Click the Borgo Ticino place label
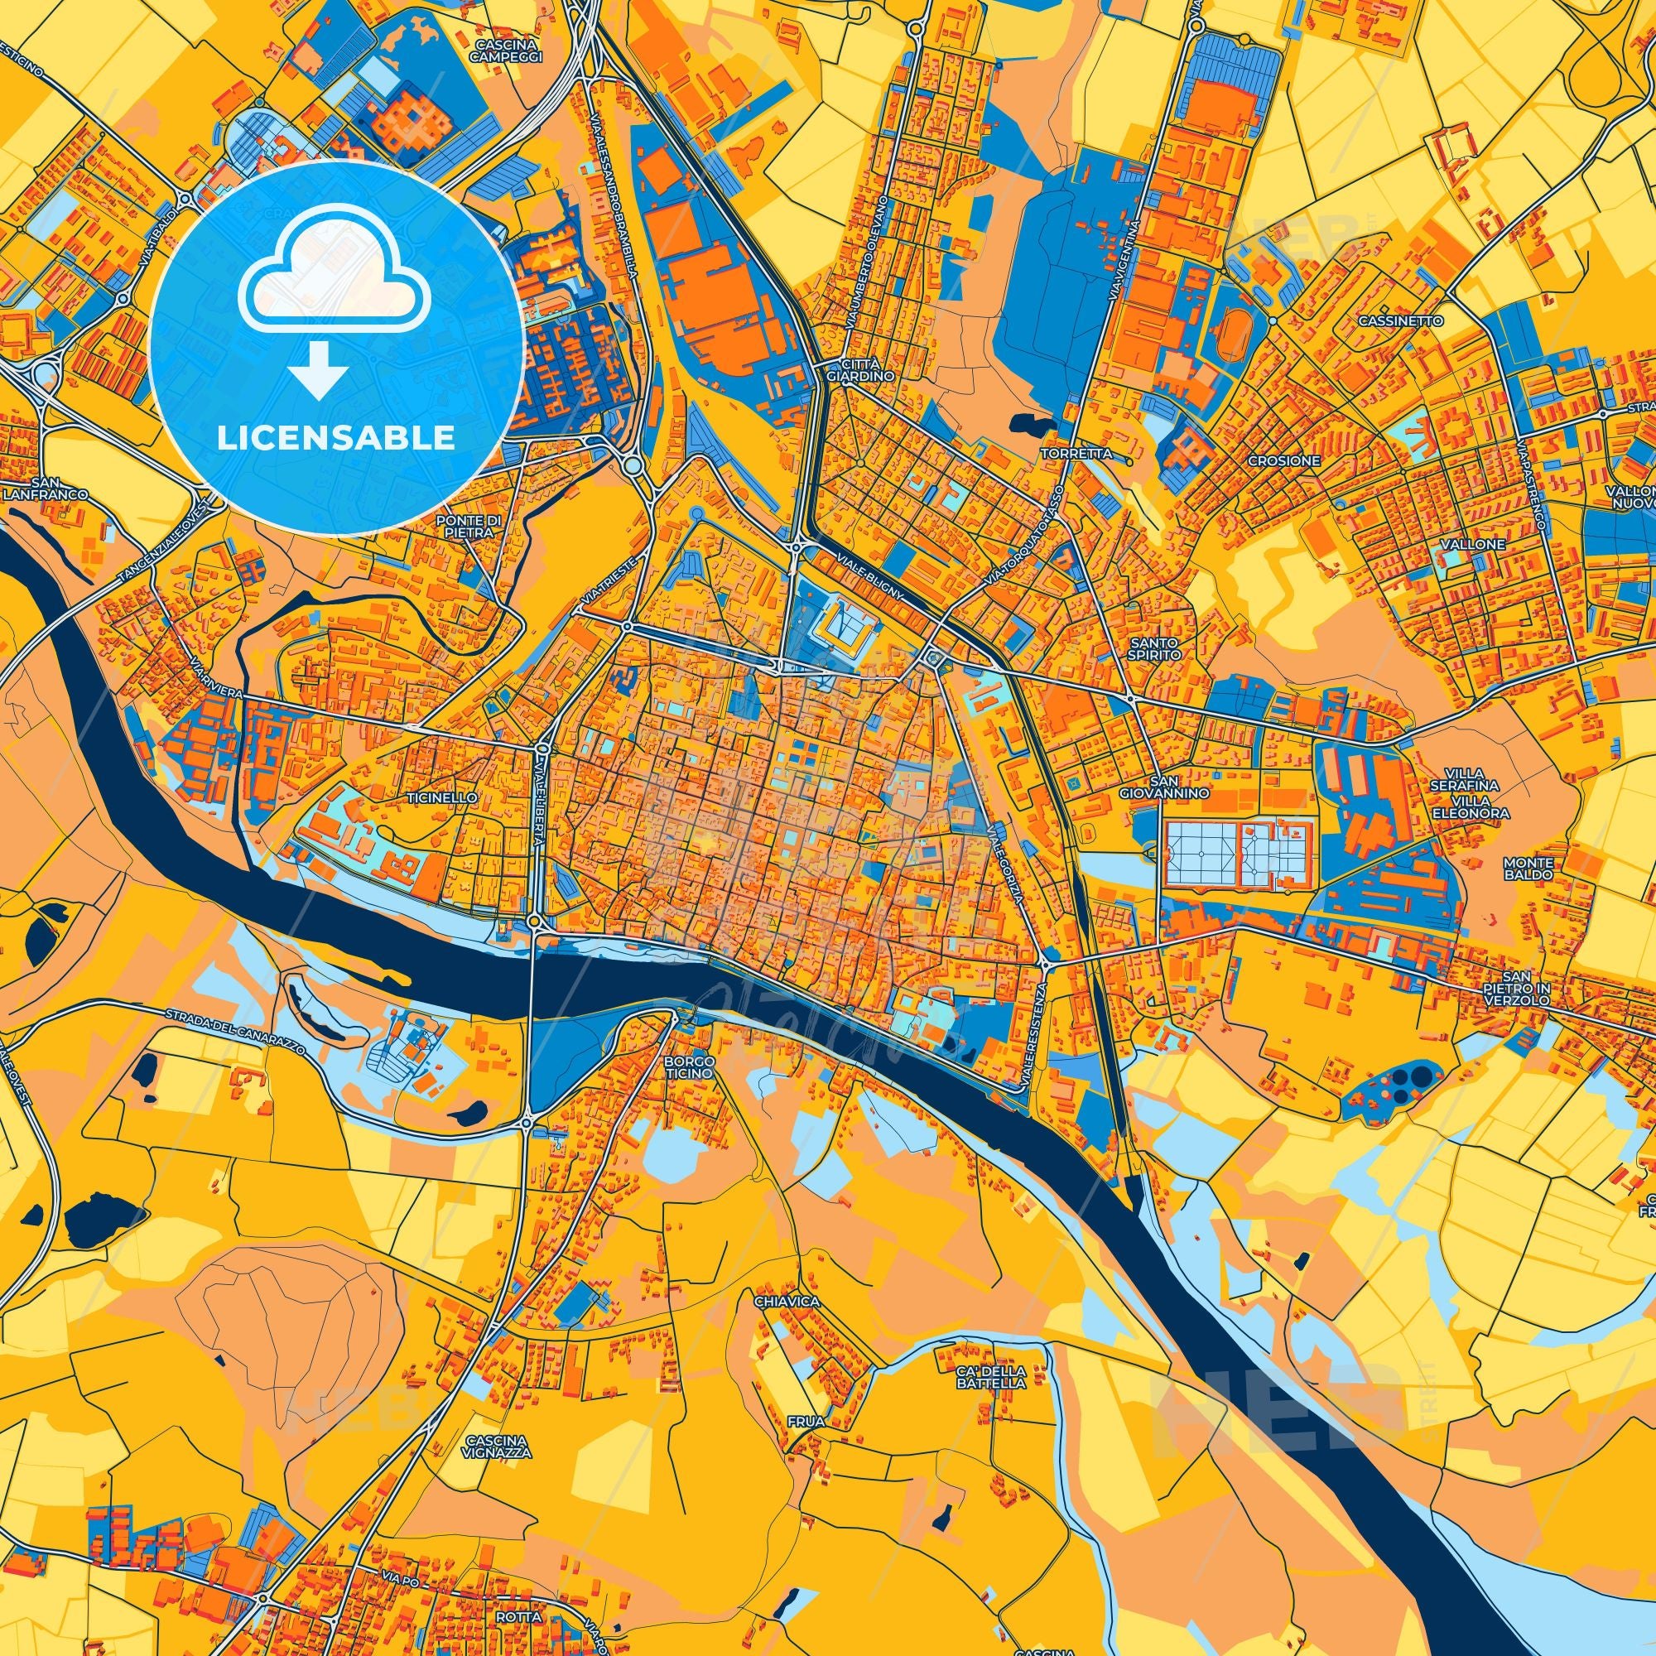tap(688, 1066)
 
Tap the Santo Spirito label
tap(1155, 648)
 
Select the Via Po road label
tap(397, 1577)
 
